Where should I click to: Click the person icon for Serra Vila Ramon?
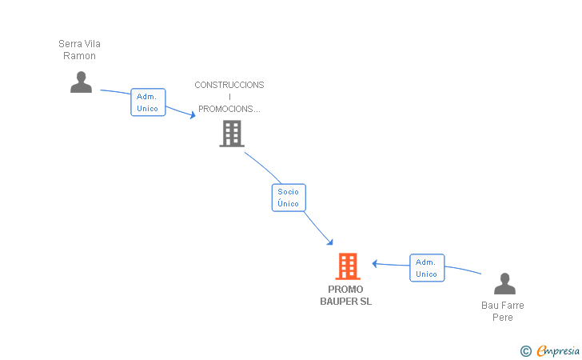(81, 82)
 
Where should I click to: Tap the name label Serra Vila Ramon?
(79, 50)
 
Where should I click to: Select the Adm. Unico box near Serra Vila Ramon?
(148, 102)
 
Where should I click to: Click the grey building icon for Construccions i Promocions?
(232, 134)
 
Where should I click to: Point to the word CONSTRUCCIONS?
(229, 85)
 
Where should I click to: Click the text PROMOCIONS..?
(229, 109)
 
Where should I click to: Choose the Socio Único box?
(289, 198)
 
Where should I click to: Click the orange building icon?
(348, 266)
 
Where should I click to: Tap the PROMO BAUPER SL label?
(345, 295)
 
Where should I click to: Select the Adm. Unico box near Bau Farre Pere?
(427, 268)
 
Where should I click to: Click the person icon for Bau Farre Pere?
(504, 283)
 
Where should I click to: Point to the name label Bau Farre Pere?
(503, 311)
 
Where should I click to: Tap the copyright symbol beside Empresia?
(526, 351)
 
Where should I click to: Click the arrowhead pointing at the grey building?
(193, 114)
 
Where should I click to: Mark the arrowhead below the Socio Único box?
(330, 242)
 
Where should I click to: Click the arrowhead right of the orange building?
(375, 263)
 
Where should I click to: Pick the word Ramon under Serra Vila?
(79, 56)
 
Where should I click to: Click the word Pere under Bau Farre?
(503, 318)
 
